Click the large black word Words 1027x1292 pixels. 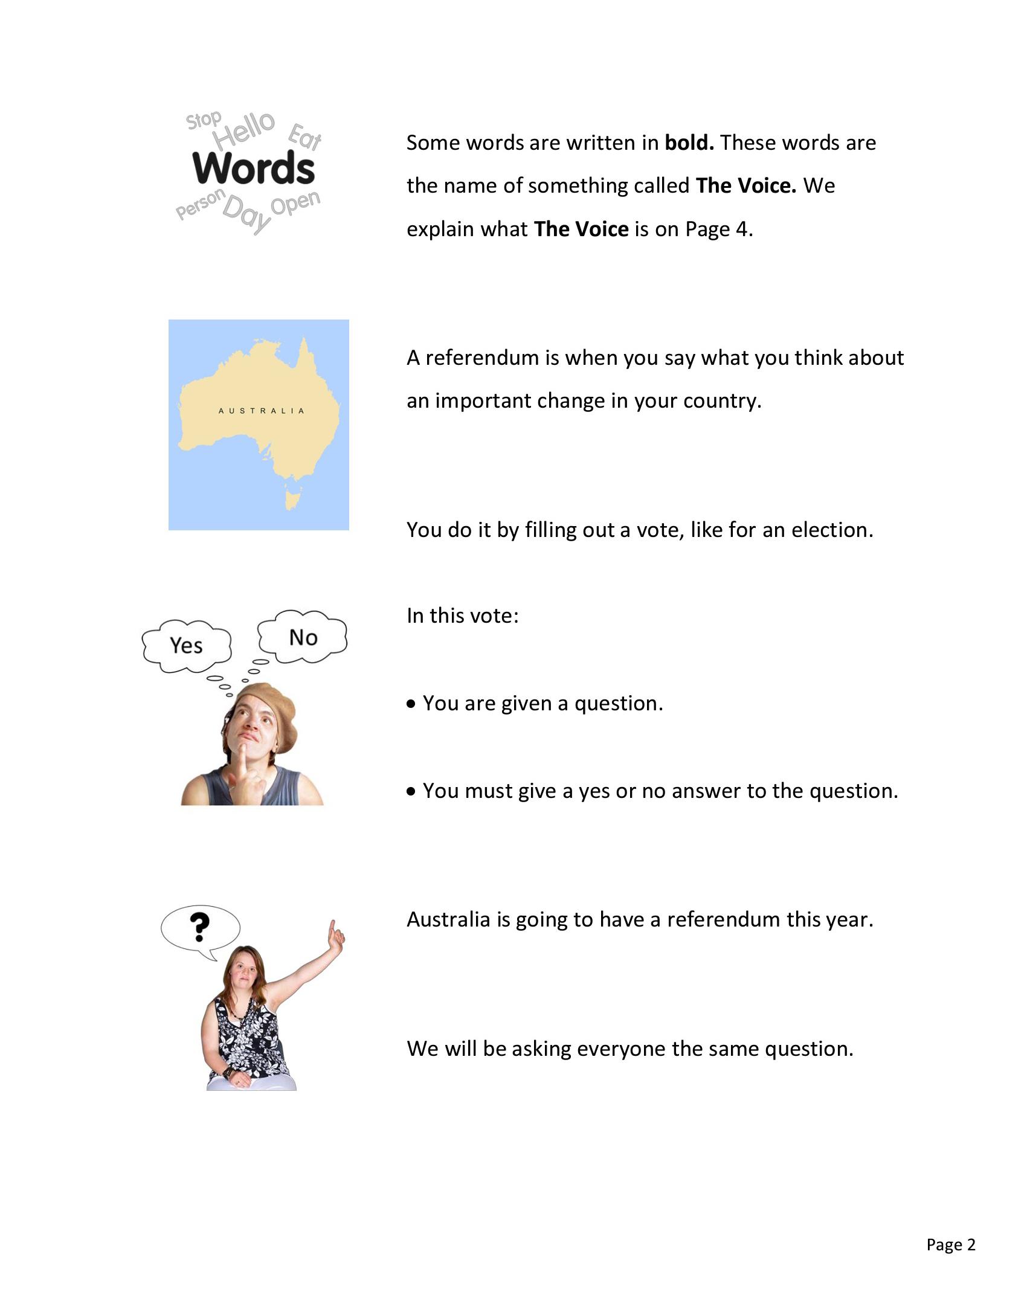click(254, 168)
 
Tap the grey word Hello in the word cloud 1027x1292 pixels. click(244, 129)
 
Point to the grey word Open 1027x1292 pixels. click(295, 202)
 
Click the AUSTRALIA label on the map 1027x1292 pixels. click(261, 411)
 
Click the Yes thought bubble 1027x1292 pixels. click(186, 645)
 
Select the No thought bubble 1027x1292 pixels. click(303, 637)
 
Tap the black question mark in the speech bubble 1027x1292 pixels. click(199, 927)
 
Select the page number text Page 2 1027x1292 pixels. click(951, 1244)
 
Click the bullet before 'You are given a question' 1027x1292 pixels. click(411, 704)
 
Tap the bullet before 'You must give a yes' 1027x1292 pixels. click(411, 791)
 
